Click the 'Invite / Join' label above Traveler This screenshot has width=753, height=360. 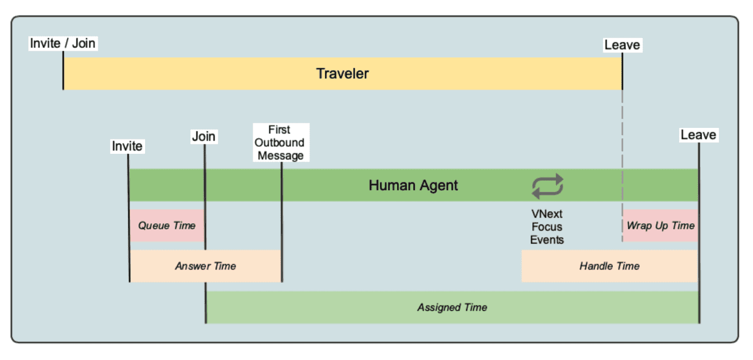pos(63,43)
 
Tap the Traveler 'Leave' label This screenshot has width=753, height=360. pos(622,45)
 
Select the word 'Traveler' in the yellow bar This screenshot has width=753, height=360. pos(342,73)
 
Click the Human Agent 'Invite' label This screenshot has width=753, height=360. pos(127,146)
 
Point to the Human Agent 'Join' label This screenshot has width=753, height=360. pos(204,136)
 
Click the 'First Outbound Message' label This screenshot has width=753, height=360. pos(281,143)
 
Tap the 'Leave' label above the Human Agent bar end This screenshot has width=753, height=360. pos(698,135)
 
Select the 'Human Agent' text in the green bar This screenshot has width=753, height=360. pos(413,185)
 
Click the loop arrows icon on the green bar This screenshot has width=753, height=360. pos(547,186)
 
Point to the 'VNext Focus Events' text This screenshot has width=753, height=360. pos(547,227)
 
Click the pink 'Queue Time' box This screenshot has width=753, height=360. pos(167,225)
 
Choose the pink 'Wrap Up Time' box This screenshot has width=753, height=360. pos(660,225)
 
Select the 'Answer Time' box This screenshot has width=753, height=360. pos(205,266)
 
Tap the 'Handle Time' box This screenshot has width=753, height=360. pos(609,266)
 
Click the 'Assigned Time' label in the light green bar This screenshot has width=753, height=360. pos(452,308)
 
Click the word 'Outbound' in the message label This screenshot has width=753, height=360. pos(281,143)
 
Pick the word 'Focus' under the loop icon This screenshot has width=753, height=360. pos(547,227)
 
